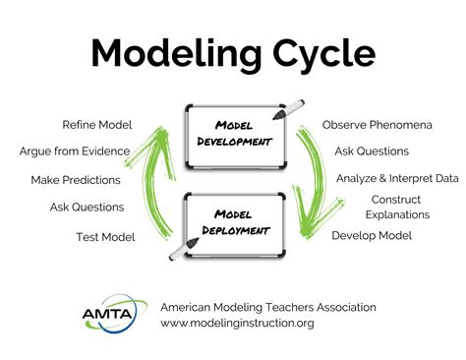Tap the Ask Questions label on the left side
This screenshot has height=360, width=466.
point(87,207)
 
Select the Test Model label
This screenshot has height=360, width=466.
point(106,236)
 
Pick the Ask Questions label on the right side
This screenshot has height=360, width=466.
point(371,151)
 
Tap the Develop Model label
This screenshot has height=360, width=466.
point(371,235)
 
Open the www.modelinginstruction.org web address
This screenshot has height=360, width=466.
point(237,323)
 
